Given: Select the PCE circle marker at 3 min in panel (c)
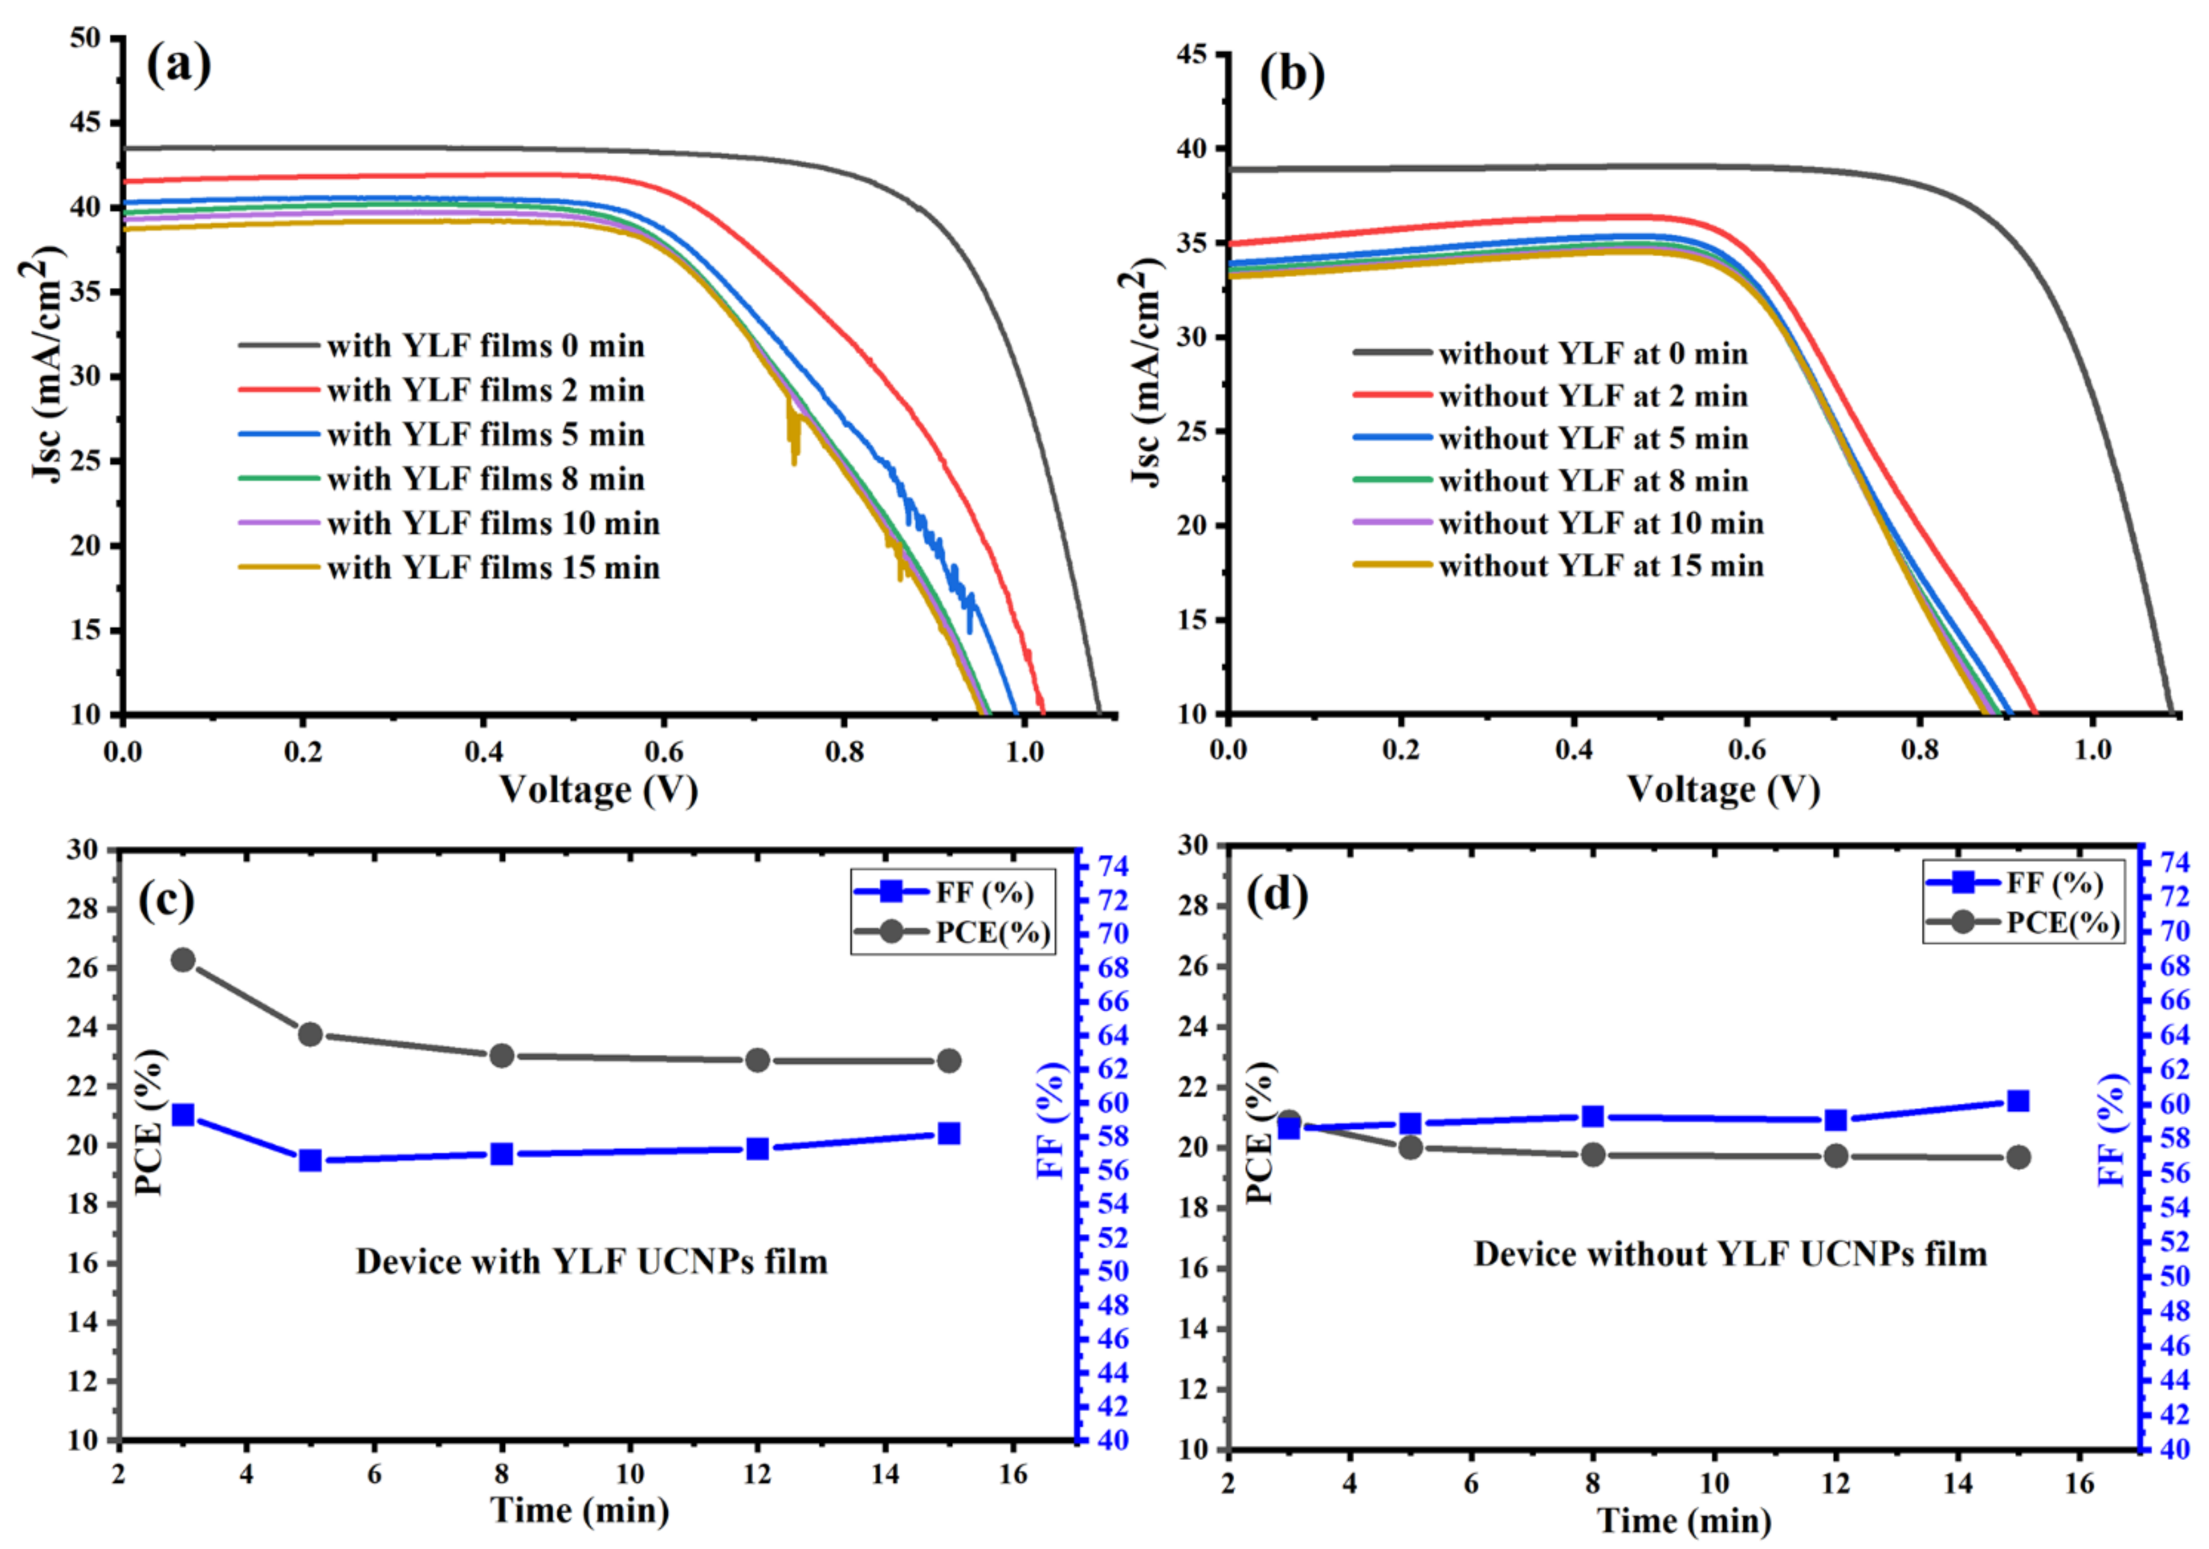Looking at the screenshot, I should (x=183, y=960).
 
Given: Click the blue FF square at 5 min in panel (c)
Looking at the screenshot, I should (x=310, y=1160).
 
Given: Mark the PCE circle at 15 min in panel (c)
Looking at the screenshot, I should (x=949, y=1061).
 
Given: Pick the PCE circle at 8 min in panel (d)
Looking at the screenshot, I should (x=1593, y=1155).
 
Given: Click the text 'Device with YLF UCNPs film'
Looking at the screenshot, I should (x=591, y=1261).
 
